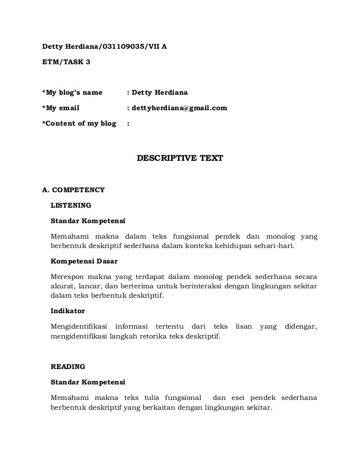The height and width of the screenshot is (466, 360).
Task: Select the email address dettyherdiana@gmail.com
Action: coord(180,108)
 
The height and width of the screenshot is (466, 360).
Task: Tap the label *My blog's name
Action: coord(72,92)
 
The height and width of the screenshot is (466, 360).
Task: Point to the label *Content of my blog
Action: coord(79,123)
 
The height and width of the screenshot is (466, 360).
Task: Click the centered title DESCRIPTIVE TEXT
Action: coord(180,158)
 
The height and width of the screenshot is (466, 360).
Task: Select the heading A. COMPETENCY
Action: coord(73,190)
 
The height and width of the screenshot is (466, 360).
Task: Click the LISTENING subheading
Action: coord(71,205)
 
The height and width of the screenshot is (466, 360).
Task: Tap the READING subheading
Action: coord(68,367)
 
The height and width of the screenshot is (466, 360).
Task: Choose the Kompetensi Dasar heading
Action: coord(84,261)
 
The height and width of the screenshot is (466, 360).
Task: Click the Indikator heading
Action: coord(67,310)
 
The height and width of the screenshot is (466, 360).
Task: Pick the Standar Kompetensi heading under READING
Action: coord(88,382)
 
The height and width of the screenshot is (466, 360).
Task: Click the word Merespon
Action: coord(67,277)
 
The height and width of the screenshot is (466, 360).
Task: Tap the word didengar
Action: coord(301,326)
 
